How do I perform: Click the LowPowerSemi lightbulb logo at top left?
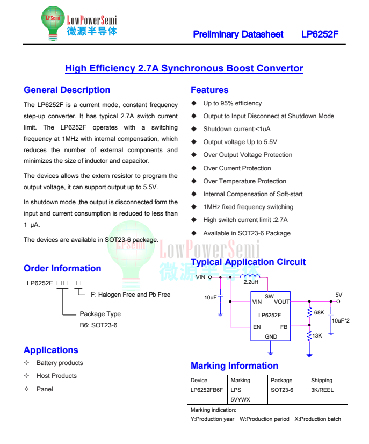[53, 23]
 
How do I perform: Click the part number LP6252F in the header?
[320, 34]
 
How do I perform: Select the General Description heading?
[67, 90]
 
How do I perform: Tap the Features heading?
[209, 90]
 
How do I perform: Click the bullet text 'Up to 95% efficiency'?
[233, 103]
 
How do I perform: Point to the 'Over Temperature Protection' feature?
[244, 181]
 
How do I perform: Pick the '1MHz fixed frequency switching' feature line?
[248, 207]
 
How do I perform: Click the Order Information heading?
[62, 269]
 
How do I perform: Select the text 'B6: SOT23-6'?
[98, 325]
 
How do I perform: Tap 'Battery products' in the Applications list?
[60, 363]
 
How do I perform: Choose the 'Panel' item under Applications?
[45, 389]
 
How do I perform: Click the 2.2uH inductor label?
[251, 282]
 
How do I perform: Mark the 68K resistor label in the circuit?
[319, 312]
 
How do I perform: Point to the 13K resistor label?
[317, 335]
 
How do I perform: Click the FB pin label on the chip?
[284, 327]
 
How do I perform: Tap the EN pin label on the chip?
[257, 327]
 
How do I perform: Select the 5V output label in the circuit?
[338, 295]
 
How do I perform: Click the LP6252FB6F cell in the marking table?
[206, 390]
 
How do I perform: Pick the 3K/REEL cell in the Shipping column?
[322, 390]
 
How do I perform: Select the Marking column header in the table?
[240, 380]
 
